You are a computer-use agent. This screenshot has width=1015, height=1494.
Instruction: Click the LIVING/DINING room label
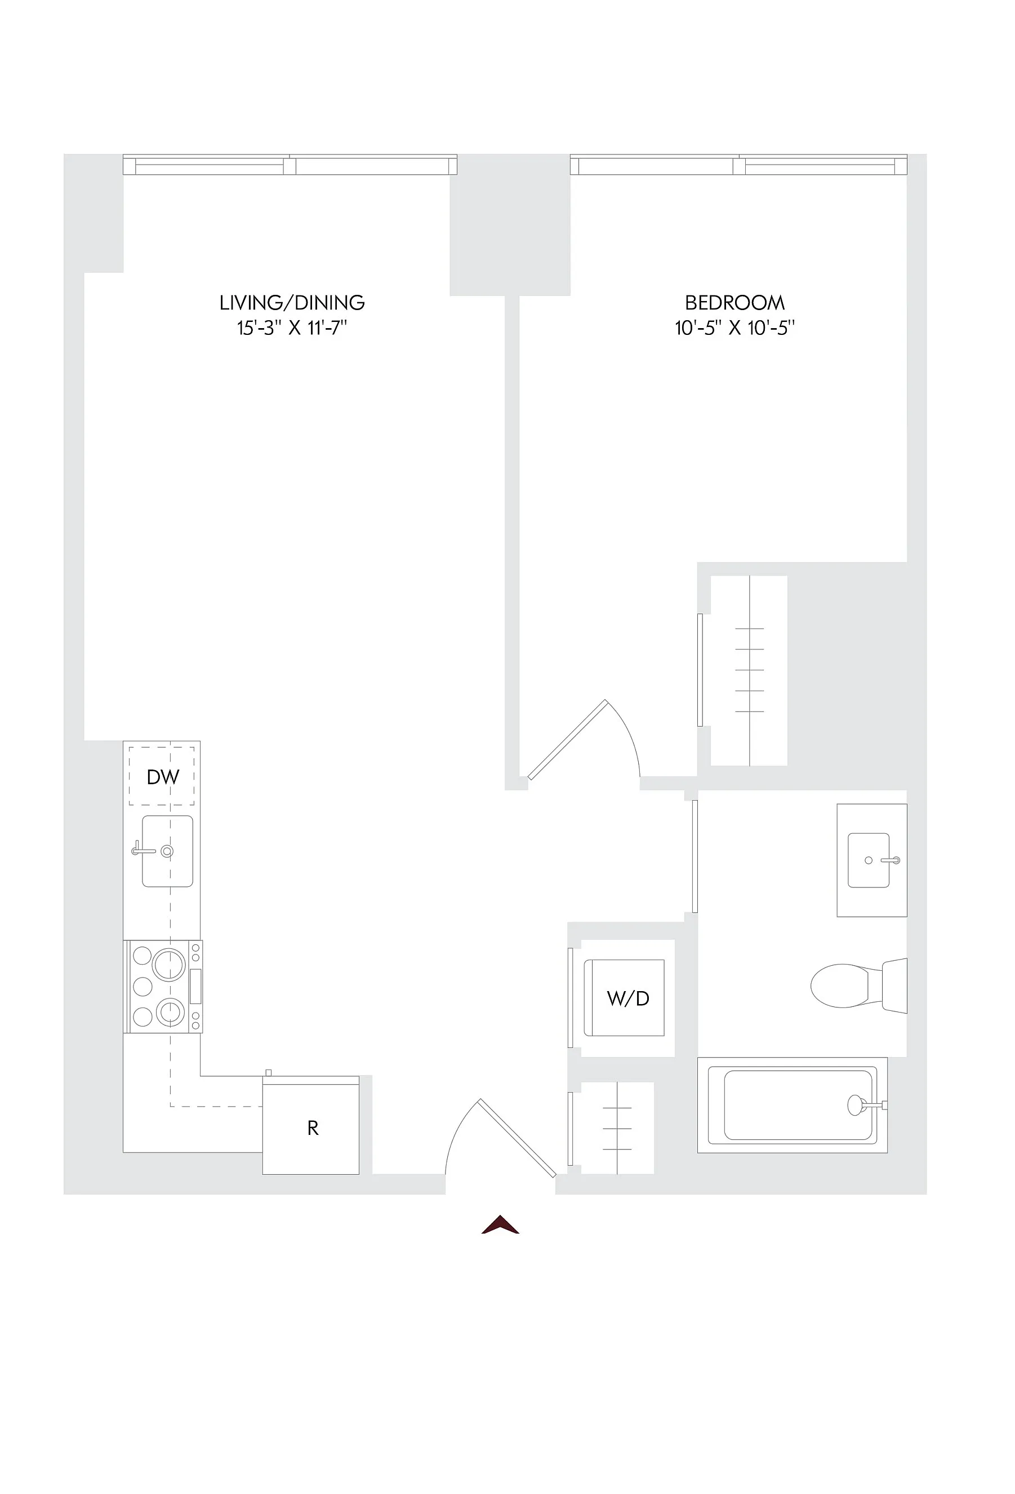click(x=292, y=302)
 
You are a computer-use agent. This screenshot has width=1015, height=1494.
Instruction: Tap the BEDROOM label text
click(x=734, y=302)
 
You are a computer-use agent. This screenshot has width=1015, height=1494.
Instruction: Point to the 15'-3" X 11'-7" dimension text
click(x=292, y=328)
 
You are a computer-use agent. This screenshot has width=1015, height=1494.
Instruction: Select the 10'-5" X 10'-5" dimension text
click(x=734, y=328)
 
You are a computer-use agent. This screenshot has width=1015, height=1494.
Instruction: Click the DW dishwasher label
click(x=163, y=777)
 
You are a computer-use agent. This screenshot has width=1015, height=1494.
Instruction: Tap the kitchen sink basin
click(x=167, y=851)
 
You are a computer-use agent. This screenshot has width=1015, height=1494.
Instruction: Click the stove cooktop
click(x=164, y=987)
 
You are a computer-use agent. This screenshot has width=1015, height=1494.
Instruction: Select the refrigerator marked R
click(x=311, y=1128)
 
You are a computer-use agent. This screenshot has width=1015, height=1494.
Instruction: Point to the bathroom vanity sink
click(x=869, y=860)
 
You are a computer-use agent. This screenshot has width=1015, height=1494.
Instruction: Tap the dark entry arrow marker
click(x=500, y=1225)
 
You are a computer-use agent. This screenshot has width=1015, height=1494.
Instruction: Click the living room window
click(x=290, y=165)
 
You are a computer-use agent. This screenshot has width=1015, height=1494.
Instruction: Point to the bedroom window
click(x=739, y=165)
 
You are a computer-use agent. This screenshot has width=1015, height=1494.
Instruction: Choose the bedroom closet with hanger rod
click(x=749, y=670)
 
